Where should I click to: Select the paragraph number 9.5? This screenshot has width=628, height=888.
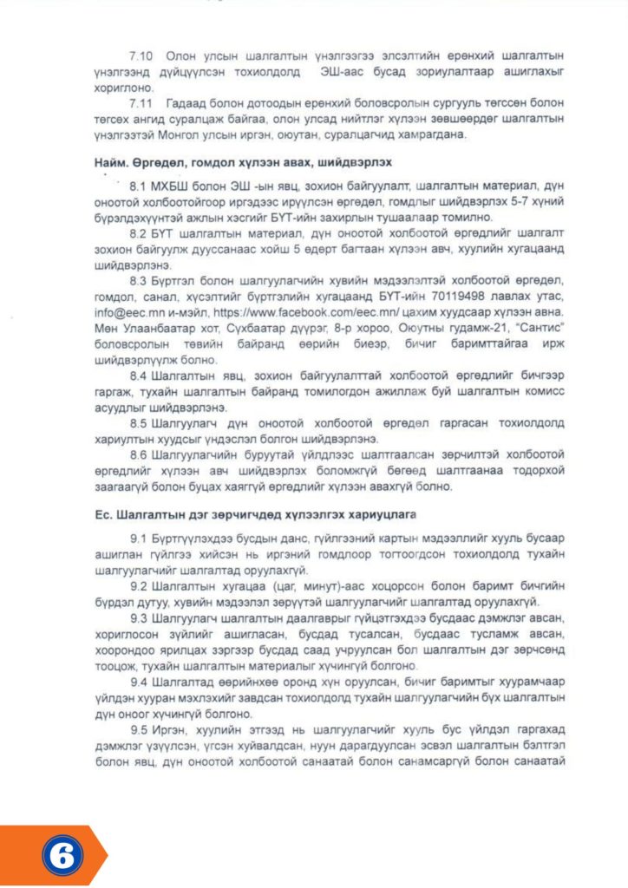(x=140, y=730)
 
